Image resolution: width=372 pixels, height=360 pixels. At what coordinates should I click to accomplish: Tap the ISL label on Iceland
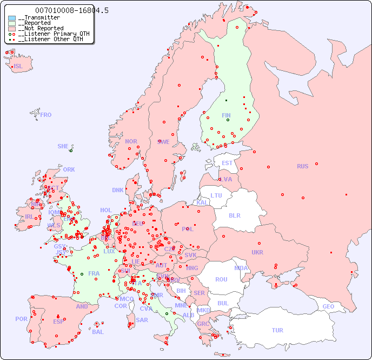click(18, 67)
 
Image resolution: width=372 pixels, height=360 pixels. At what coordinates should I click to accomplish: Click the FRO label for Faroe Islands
click(46, 115)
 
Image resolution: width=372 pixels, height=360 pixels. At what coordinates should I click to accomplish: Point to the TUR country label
click(277, 330)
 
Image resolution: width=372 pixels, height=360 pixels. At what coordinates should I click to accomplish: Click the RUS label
click(302, 166)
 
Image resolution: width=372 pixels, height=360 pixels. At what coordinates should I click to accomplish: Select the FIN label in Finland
click(226, 115)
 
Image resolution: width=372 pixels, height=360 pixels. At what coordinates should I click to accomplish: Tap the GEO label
click(328, 306)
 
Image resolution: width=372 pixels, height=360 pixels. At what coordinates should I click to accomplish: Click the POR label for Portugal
click(21, 319)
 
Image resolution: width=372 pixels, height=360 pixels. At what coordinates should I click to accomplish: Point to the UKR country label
click(257, 252)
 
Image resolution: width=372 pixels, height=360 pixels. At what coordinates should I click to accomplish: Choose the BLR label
click(234, 215)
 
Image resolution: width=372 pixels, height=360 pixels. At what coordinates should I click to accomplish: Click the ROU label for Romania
click(221, 279)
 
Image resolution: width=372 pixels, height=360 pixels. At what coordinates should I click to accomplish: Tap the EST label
click(227, 163)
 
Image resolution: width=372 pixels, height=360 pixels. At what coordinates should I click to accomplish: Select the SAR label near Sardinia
click(142, 320)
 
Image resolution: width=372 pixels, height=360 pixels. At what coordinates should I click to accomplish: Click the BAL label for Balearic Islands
click(98, 332)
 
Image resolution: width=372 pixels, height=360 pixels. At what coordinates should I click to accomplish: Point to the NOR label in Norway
click(131, 141)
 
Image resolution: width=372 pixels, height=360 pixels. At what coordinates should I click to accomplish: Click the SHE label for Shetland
click(63, 146)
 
